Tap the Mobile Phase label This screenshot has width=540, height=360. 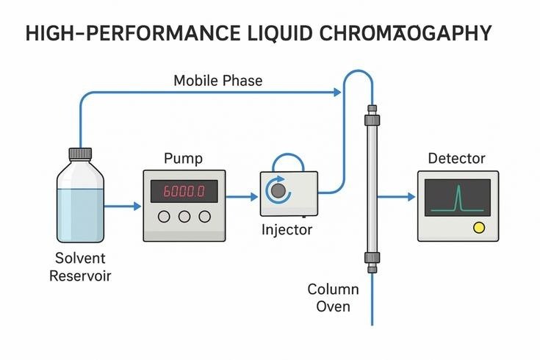[x=217, y=80]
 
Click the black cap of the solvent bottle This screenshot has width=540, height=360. [x=80, y=154]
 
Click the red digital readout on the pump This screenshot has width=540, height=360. [x=184, y=192]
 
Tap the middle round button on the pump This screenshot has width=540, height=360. [x=184, y=217]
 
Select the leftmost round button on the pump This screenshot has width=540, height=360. [x=164, y=217]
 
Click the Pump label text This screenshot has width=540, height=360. [x=184, y=159]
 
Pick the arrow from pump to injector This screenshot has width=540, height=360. [x=242, y=196]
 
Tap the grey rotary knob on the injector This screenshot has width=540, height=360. [x=278, y=192]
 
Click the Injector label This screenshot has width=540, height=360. [x=287, y=230]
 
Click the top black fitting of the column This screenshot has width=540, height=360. [x=372, y=115]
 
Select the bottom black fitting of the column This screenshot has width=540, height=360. [x=372, y=259]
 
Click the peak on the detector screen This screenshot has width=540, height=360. [x=458, y=197]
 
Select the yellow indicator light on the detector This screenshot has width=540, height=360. [x=480, y=228]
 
